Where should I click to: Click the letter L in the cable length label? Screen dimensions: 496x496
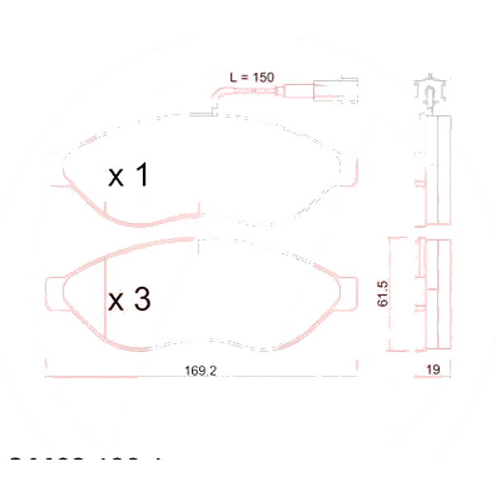click(x=234, y=76)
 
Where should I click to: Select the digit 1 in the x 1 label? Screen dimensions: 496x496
click(x=141, y=174)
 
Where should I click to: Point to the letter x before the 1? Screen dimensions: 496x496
click(x=117, y=176)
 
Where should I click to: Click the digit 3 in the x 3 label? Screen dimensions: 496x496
click(x=141, y=300)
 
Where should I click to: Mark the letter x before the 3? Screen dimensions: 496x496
click(x=117, y=303)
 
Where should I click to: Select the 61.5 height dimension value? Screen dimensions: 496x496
click(x=382, y=293)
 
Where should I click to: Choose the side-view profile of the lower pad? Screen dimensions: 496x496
click(x=433, y=293)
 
